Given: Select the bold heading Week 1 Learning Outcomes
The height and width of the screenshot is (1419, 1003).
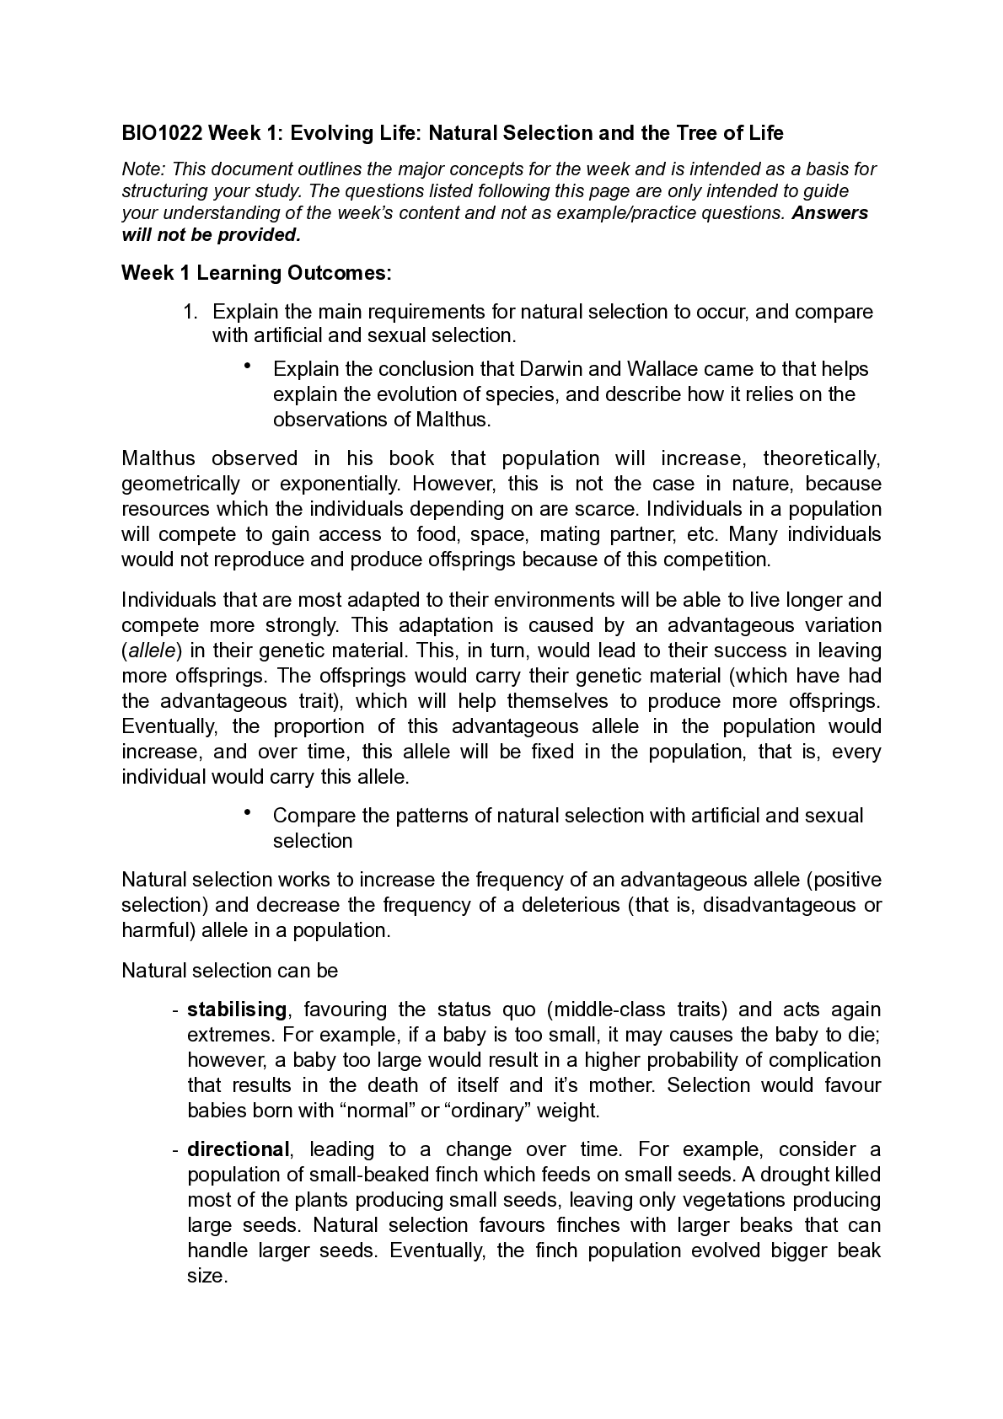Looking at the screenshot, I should pyautogui.click(x=257, y=273).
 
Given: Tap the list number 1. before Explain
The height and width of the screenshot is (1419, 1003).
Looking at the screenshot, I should pyautogui.click(x=190, y=312).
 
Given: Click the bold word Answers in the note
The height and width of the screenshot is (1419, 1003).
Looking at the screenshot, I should pyautogui.click(x=829, y=212).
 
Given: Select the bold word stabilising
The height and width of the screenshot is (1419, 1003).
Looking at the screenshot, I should pyautogui.click(x=237, y=1009).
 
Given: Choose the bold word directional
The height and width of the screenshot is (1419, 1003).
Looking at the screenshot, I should pyautogui.click(x=238, y=1149).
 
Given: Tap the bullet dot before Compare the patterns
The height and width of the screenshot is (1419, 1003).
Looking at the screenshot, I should pyautogui.click(x=248, y=813).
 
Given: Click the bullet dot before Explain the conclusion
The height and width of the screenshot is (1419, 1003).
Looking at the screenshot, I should pyautogui.click(x=248, y=367).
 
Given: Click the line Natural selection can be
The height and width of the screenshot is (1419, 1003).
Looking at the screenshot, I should pyautogui.click(x=230, y=971).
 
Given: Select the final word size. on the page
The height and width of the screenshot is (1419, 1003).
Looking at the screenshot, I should pyautogui.click(x=207, y=1276).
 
